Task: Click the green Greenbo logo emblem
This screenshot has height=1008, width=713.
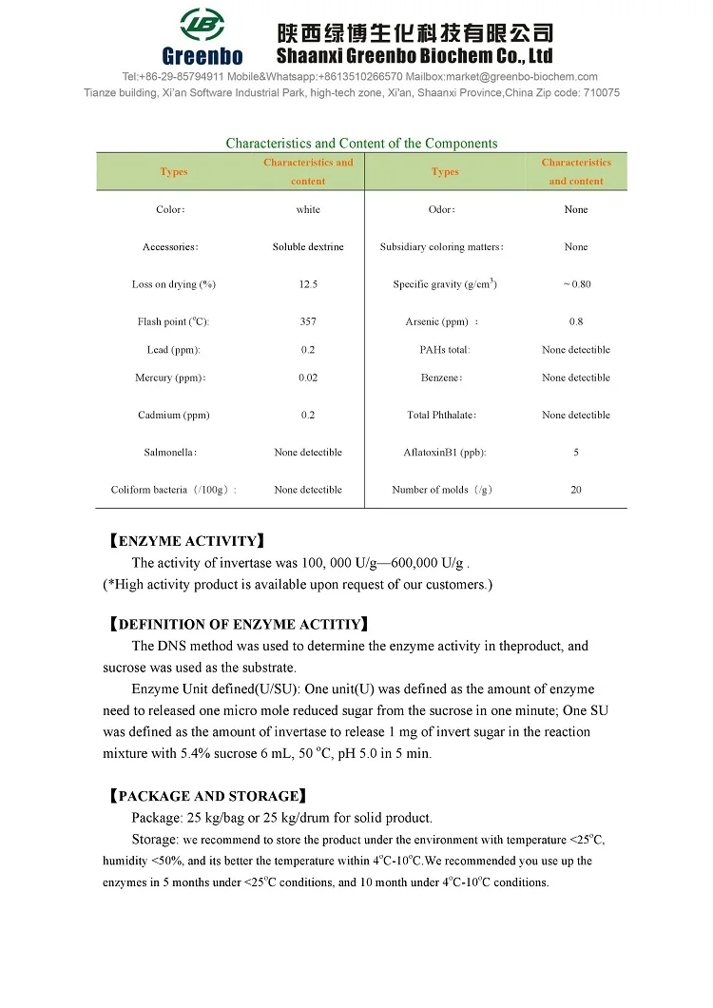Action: (202, 26)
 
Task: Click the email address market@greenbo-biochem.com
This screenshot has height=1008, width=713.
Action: (533, 76)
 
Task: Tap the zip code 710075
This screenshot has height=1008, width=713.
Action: (600, 92)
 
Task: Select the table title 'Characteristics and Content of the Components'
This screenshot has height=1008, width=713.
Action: (361, 144)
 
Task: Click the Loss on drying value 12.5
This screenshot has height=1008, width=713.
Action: (308, 284)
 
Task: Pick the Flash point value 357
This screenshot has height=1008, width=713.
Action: (308, 321)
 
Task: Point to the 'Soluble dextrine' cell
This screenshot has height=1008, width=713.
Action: (308, 247)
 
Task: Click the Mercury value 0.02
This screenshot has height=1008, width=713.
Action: (308, 378)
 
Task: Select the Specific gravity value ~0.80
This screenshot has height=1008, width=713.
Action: (576, 284)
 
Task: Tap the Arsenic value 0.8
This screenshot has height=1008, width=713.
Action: (576, 321)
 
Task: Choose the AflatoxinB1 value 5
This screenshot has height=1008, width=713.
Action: (576, 453)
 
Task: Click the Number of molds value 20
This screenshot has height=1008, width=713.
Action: (576, 490)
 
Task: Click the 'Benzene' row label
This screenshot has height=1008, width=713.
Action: (442, 378)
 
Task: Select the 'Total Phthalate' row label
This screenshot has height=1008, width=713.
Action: (442, 416)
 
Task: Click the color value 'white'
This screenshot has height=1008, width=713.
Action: (308, 209)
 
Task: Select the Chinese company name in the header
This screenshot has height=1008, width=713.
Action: (414, 33)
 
